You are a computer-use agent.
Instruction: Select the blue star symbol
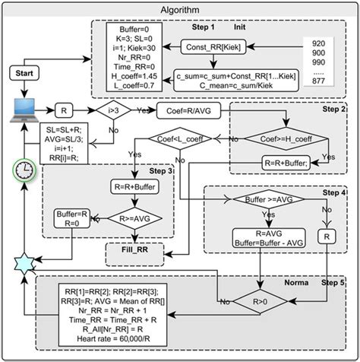point(24,262)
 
